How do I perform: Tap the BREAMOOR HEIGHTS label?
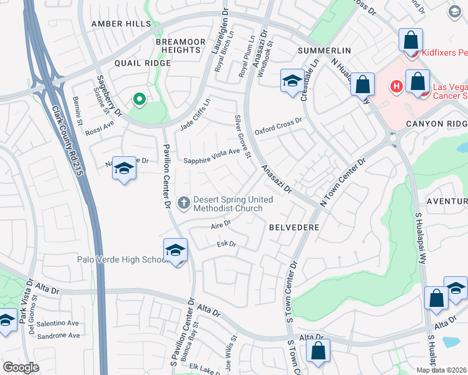pos(181,46)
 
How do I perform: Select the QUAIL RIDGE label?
pos(143,63)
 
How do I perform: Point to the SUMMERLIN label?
pos(324,50)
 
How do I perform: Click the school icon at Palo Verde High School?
pos(176,250)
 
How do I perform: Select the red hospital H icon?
pos(395,86)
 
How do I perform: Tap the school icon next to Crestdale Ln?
pos(292,81)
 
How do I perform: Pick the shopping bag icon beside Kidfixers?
pos(410,40)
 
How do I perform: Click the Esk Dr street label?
pos(226,244)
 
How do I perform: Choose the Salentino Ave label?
pos(58,323)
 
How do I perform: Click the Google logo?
pos(21,367)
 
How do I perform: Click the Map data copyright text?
pos(442,370)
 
